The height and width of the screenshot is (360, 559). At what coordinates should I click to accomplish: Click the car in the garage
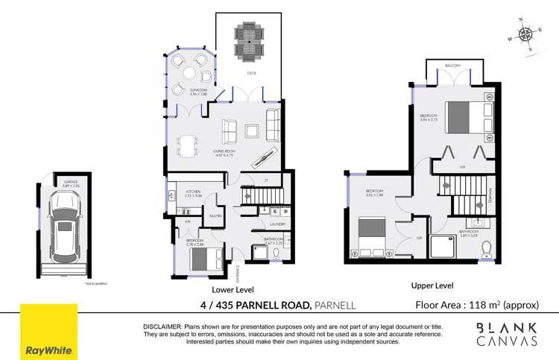(62, 221)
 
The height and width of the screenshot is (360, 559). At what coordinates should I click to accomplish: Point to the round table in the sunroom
(190, 73)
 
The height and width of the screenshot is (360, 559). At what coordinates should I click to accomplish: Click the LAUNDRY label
(278, 223)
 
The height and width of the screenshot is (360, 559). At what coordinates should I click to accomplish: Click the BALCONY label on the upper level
(452, 66)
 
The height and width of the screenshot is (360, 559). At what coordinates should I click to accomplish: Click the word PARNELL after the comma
(335, 305)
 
